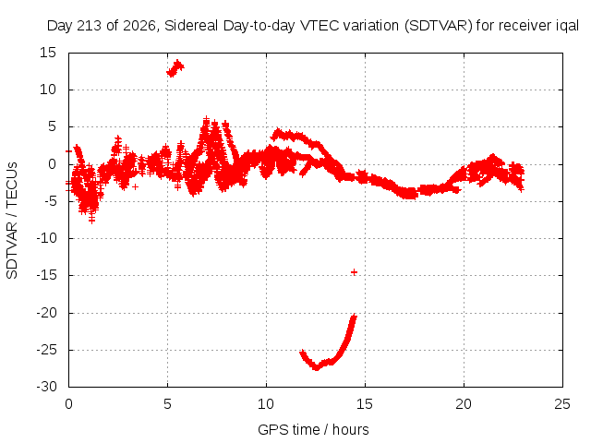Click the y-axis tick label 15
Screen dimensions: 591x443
pos(48,53)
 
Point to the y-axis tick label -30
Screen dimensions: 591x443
pos(46,387)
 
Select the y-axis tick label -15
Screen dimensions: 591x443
pos(46,275)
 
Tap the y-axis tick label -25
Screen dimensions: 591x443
pos(46,350)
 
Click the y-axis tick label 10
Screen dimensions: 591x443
pos(48,90)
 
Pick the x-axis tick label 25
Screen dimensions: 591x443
pos(562,404)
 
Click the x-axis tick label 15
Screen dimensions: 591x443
pos(365,404)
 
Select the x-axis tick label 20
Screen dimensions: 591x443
pos(464,404)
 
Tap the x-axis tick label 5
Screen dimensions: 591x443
pos(167,404)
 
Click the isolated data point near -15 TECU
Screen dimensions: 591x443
pos(354,272)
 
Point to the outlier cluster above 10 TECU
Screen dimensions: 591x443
pos(175,68)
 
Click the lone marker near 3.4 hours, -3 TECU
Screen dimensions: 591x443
pos(136,186)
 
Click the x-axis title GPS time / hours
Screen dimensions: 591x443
pos(313,429)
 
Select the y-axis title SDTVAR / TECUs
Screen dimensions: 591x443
pos(12,221)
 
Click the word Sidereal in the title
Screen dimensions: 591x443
pos(191,26)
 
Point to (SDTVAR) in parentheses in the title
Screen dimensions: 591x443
pos(439,26)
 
